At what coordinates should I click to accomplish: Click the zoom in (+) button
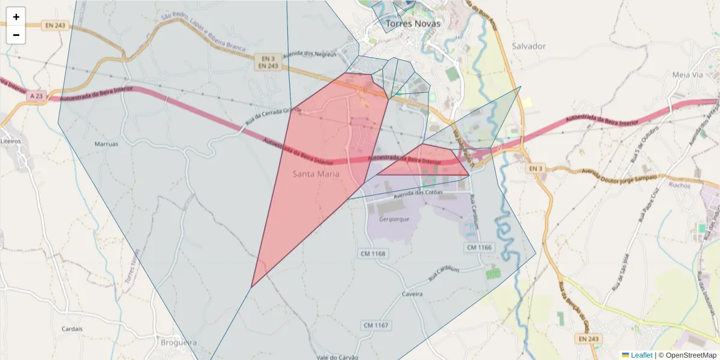point(16,17)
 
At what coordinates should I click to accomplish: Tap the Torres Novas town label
point(413,24)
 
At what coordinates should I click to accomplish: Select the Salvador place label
point(529,46)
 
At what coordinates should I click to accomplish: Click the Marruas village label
point(107,144)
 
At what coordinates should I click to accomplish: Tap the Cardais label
point(72,329)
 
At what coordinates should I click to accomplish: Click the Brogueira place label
point(178,343)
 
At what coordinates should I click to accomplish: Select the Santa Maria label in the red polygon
point(316,174)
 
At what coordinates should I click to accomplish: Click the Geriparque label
point(394,219)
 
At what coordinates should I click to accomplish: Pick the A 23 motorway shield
point(36,95)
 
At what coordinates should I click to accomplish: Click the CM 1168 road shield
point(373,253)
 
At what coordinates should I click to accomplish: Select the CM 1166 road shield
point(479,247)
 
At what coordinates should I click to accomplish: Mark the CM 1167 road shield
point(376,325)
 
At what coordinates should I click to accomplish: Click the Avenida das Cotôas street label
point(418,194)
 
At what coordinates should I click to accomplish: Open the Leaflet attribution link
point(641,355)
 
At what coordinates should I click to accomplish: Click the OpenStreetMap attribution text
point(691,355)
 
